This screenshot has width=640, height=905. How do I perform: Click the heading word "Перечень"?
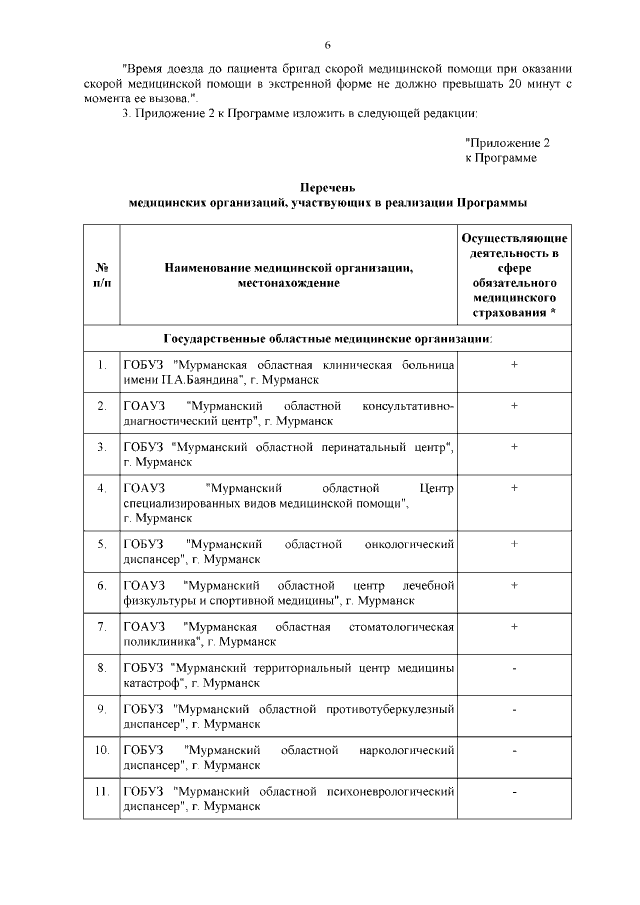[x=328, y=187]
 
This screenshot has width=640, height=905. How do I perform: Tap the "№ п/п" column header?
[x=101, y=276]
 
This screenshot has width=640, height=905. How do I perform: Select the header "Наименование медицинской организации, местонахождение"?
[x=289, y=276]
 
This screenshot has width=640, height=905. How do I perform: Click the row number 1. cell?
[x=101, y=365]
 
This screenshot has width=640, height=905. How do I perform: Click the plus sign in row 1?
[x=514, y=365]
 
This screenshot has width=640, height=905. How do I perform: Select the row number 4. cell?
[x=101, y=488]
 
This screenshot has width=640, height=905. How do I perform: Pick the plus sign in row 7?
[x=514, y=626]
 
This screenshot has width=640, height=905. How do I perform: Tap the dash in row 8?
[x=514, y=668]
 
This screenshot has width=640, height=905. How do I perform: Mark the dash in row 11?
[x=514, y=792]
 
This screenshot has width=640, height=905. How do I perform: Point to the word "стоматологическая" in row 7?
[x=399, y=627]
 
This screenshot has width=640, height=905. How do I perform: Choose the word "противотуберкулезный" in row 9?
[x=384, y=710]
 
